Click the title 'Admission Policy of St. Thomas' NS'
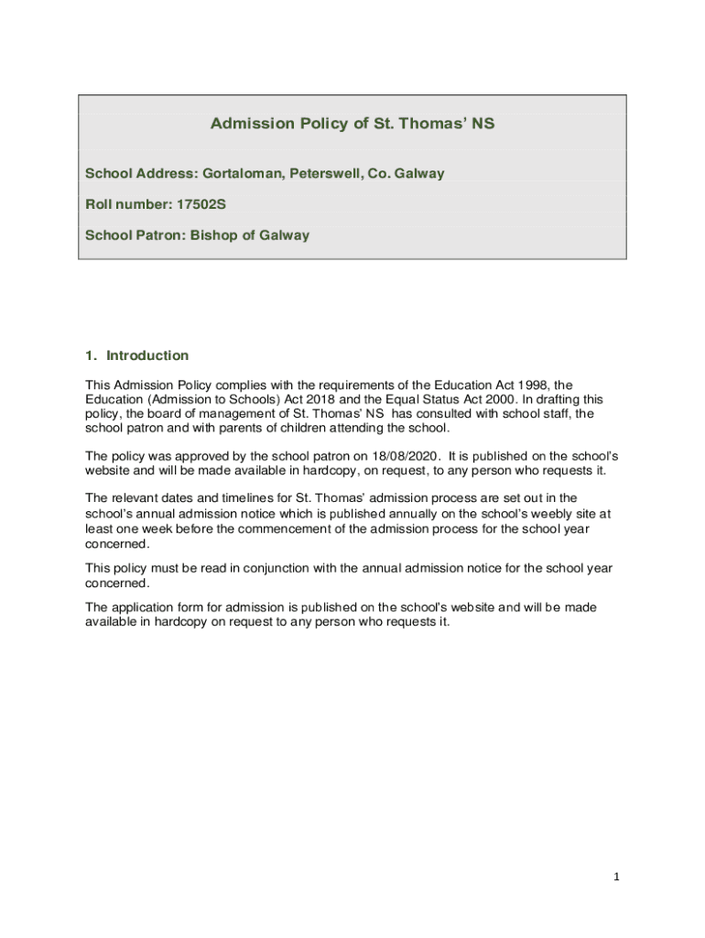pos(352,124)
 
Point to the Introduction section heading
pos(147,355)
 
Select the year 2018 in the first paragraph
pos(309,399)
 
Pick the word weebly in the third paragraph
pos(510,514)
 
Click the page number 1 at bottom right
pos(617,877)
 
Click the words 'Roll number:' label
pos(122,204)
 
